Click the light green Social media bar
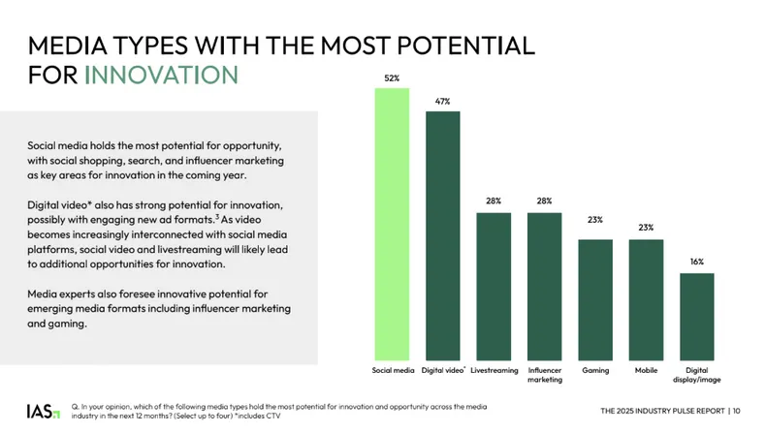tap(392, 223)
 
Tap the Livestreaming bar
tap(494, 285)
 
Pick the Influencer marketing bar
tap(544, 285)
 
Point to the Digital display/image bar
tap(696, 316)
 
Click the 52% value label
tap(392, 76)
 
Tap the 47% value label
tap(442, 100)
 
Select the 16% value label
tap(696, 262)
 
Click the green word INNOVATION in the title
tap(160, 75)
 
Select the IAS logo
tap(42, 411)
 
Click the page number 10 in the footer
tap(736, 411)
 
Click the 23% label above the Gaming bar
tap(595, 220)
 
